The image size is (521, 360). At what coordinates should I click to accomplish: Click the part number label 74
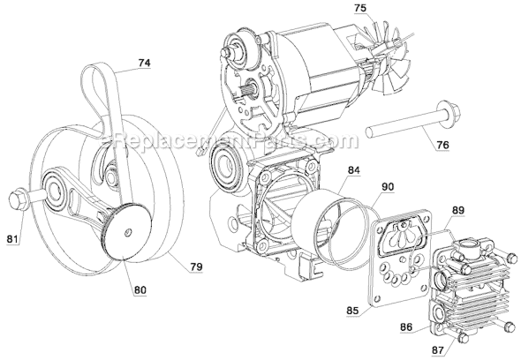(x=143, y=64)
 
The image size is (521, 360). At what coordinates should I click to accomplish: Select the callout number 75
(x=334, y=9)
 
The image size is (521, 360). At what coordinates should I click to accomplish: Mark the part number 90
(x=389, y=186)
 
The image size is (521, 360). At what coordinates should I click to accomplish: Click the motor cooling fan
(x=389, y=67)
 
